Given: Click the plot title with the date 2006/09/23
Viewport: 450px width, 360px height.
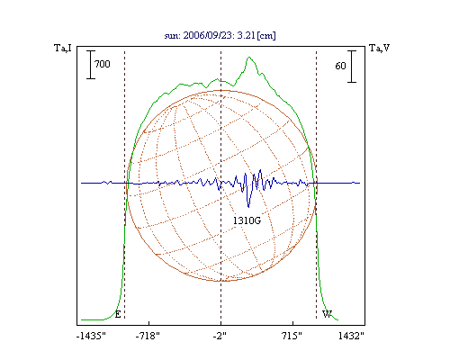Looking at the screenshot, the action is point(220,35).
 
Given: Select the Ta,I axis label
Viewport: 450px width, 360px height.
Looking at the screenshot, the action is point(63,48).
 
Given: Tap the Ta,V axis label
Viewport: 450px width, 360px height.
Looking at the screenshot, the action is point(379,48).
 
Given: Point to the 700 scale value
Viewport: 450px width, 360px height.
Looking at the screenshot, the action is point(103,64).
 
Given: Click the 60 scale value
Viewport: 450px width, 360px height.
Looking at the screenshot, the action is point(340,66).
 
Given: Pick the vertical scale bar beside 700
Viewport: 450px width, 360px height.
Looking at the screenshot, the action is point(91,65).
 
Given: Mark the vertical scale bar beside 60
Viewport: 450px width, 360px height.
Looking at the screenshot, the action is point(352,67).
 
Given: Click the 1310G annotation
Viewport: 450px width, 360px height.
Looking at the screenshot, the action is point(247,220).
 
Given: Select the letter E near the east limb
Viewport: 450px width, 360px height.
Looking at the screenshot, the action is point(118,314).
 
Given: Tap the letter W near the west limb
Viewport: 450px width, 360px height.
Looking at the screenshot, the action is point(327,314).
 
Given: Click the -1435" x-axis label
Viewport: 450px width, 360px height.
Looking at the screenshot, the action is point(91,336).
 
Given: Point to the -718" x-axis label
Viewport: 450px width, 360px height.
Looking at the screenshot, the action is point(148,336).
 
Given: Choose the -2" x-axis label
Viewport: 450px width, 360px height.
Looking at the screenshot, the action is point(220,336).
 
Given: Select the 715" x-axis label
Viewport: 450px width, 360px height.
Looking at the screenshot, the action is point(292,336).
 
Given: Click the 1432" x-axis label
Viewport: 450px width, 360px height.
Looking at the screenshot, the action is point(351,336).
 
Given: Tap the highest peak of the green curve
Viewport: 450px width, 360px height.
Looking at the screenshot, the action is point(249,57).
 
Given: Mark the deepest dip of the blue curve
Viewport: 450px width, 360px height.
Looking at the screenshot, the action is point(248,207).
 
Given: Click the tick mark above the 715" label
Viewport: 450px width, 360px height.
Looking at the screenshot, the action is point(292,323).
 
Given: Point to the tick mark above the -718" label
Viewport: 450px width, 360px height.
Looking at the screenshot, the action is point(149,323).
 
